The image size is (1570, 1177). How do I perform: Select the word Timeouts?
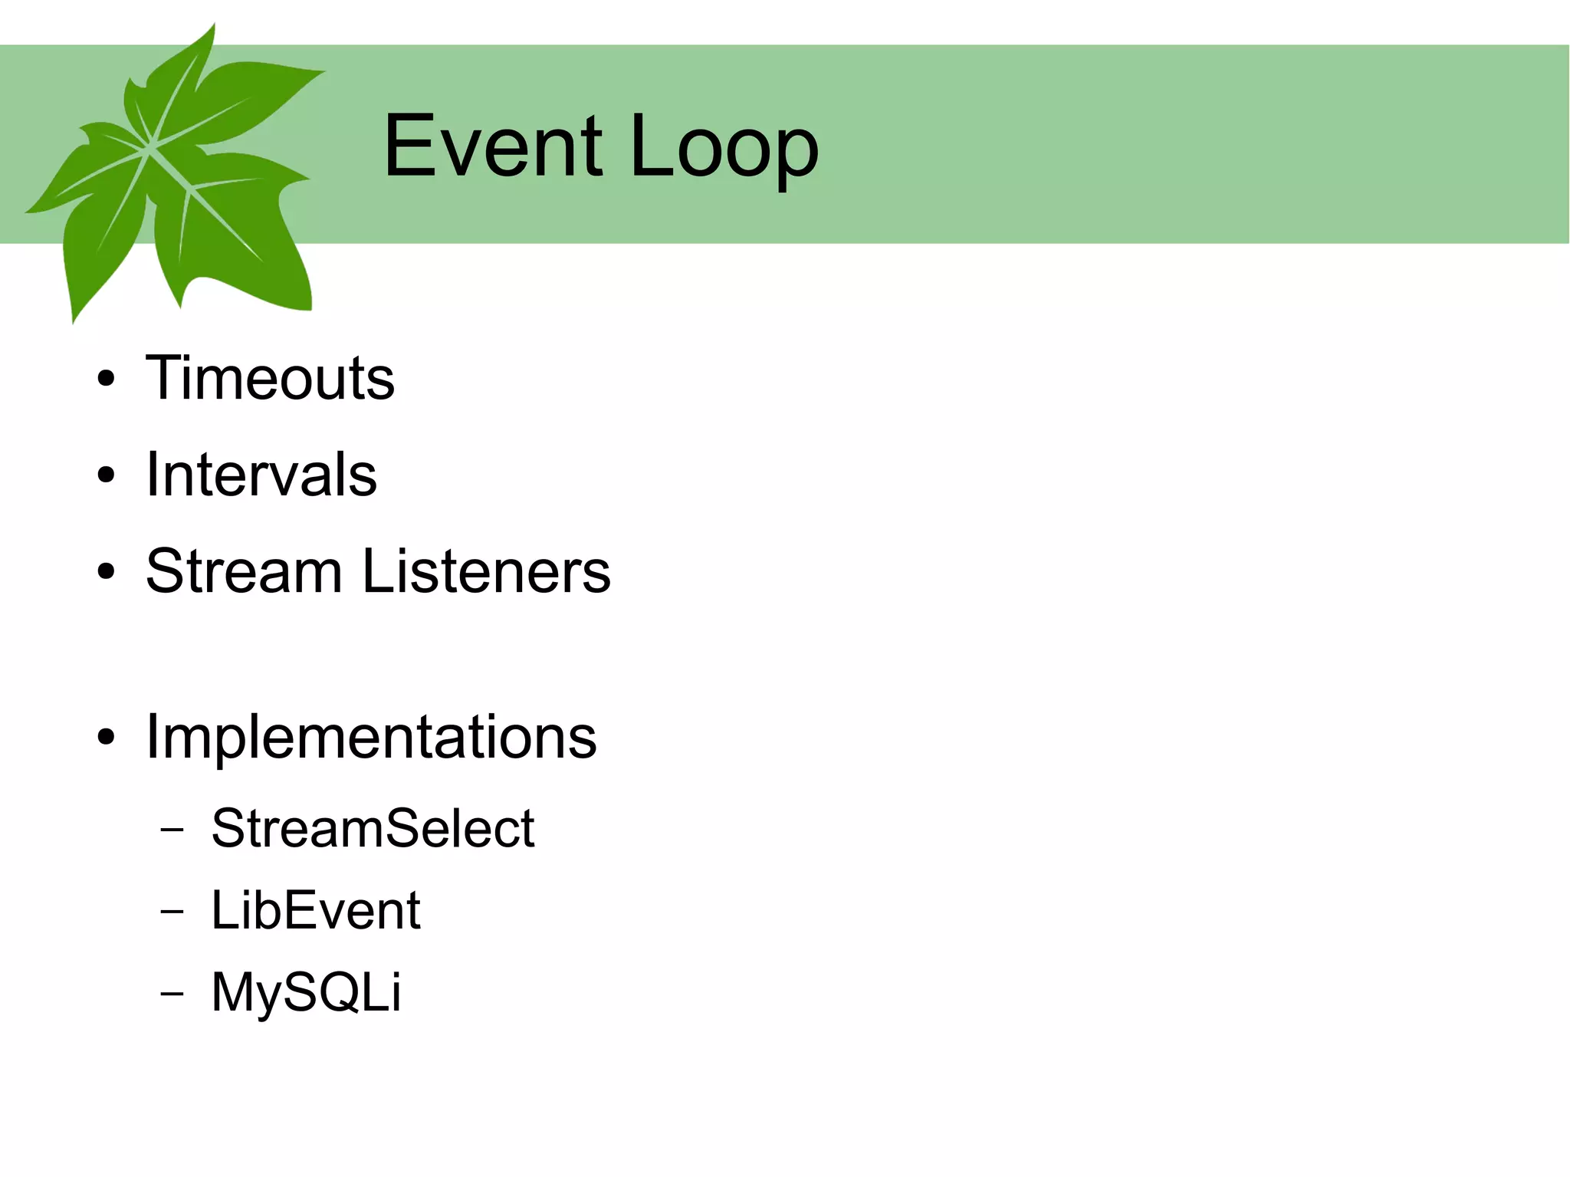(270, 378)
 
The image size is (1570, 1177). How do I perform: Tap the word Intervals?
(261, 475)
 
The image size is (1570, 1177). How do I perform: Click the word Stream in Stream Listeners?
(244, 571)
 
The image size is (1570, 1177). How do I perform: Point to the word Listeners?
(486, 571)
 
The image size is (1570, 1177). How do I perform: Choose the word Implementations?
(371, 737)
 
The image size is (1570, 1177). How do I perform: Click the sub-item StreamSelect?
(373, 829)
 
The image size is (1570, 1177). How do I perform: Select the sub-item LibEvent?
(316, 911)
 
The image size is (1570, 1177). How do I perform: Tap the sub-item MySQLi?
(306, 992)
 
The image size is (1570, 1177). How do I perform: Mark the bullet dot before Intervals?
(107, 475)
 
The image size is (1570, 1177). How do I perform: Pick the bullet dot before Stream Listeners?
(107, 572)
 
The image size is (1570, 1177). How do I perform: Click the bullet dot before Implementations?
(107, 738)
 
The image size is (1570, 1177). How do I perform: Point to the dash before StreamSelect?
(173, 830)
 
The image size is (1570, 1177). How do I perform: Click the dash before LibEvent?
(173, 912)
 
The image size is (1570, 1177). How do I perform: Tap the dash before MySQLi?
(173, 993)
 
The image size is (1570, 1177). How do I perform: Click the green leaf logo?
(176, 176)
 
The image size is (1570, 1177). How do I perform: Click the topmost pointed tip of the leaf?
(213, 25)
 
